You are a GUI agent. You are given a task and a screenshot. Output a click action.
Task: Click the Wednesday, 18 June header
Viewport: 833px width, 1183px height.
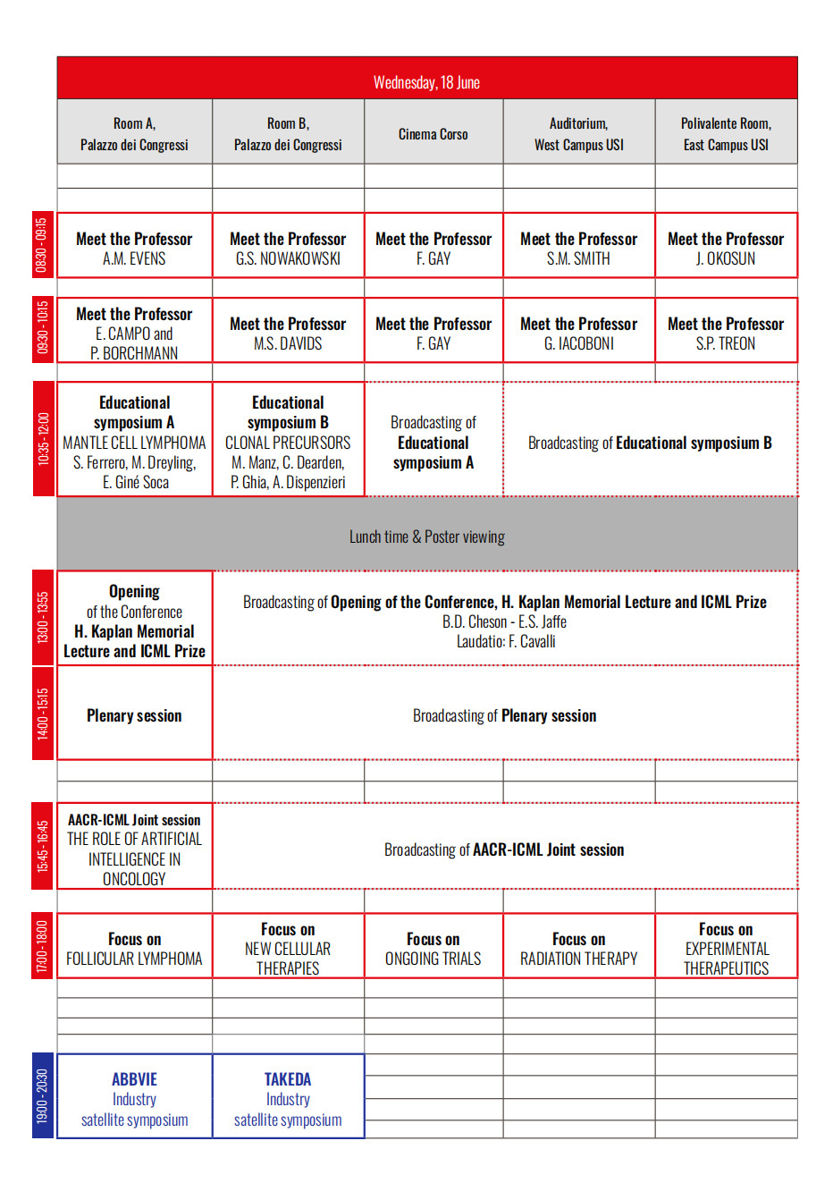pyautogui.click(x=426, y=82)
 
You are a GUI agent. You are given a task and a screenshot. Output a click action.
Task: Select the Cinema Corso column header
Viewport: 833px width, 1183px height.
pyautogui.click(x=433, y=134)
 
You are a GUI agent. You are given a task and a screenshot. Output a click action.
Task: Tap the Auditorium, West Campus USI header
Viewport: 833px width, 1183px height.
pyautogui.click(x=579, y=134)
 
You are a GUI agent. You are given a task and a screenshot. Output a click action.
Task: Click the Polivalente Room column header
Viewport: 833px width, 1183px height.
pyautogui.click(x=726, y=134)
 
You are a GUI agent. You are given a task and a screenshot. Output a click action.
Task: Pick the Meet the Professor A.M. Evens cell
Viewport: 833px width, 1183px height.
pyautogui.click(x=134, y=249)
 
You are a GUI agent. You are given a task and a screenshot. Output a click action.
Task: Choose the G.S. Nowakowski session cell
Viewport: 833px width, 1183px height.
pyautogui.click(x=288, y=249)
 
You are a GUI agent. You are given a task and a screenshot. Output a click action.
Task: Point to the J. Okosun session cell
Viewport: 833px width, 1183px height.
pyautogui.click(x=726, y=249)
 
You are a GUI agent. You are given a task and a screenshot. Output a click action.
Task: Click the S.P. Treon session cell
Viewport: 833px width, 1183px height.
pyautogui.click(x=726, y=334)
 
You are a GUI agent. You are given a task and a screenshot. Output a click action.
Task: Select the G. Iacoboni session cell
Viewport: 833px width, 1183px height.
pyautogui.click(x=579, y=334)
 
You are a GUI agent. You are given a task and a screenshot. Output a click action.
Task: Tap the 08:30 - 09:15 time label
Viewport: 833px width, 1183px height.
pyautogui.click(x=43, y=245)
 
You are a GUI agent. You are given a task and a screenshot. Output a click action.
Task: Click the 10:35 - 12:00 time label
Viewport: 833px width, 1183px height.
pyautogui.click(x=43, y=438)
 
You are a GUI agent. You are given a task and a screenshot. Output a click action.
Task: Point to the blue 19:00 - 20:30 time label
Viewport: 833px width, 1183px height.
pyautogui.click(x=43, y=1095)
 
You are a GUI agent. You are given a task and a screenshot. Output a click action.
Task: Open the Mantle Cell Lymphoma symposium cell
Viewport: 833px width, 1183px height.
pyautogui.click(x=134, y=442)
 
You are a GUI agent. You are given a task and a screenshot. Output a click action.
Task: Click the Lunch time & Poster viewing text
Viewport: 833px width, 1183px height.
pyautogui.click(x=426, y=537)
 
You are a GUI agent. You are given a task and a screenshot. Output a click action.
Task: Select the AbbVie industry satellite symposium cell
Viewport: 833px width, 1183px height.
pyautogui.click(x=134, y=1099)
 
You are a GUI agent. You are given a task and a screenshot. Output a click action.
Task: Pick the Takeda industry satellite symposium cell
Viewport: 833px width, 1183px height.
pyautogui.click(x=288, y=1099)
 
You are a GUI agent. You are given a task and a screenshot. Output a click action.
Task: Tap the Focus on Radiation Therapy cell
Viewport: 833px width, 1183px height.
pyautogui.click(x=579, y=949)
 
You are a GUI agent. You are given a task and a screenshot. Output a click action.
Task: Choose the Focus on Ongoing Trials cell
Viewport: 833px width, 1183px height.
pyautogui.click(x=433, y=949)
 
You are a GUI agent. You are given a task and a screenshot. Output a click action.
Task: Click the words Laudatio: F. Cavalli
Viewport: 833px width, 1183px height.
pyautogui.click(x=506, y=641)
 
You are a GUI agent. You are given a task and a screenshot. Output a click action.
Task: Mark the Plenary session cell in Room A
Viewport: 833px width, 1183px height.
pyautogui.click(x=134, y=715)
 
